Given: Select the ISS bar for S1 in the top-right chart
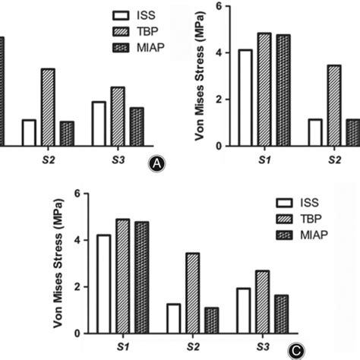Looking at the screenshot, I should (x=245, y=97).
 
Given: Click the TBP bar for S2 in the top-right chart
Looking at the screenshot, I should (x=333, y=106).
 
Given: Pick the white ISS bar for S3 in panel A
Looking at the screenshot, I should (x=99, y=123).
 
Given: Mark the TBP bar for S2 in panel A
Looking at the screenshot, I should (x=48, y=107).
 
